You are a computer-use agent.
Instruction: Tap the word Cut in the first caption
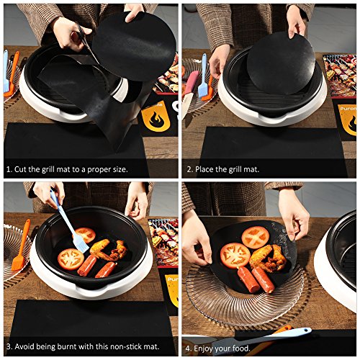[x=20, y=169]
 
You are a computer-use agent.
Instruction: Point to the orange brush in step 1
[x=12, y=73]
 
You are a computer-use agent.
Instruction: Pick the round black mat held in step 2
[x=281, y=63]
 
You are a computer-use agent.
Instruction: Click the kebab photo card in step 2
[x=339, y=76]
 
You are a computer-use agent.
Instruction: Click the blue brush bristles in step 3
[x=80, y=243]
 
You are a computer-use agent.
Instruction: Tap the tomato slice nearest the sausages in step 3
[x=71, y=259]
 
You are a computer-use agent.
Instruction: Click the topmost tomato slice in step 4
[x=256, y=237]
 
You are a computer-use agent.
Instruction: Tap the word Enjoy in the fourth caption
[x=203, y=348]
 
